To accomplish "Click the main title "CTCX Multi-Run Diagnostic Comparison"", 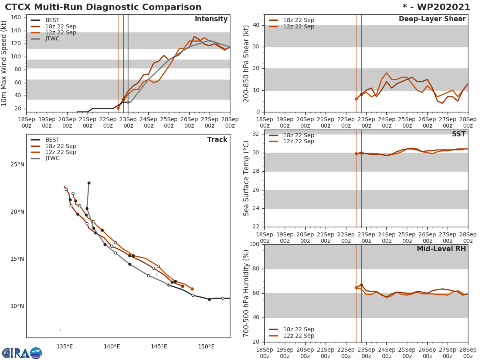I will [103, 7].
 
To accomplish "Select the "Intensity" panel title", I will [211, 19].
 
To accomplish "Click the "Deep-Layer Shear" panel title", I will [432, 19].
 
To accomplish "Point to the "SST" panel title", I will [458, 134].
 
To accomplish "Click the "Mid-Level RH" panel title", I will [441, 249].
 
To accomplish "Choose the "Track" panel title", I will [217, 140].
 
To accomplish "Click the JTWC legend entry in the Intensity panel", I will [52, 39].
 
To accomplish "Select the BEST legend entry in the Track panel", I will [52, 140].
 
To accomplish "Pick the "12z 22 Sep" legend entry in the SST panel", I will [298, 142].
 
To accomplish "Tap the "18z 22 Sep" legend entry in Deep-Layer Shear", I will [298, 20].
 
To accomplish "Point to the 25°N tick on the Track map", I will [17, 165].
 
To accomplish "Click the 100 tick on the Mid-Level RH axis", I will [255, 244].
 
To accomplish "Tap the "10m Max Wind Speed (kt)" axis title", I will [4, 63].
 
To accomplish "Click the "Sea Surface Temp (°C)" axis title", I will [246, 178].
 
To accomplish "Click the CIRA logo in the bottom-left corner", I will [22, 353].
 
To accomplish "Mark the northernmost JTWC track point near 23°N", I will [89, 183].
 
